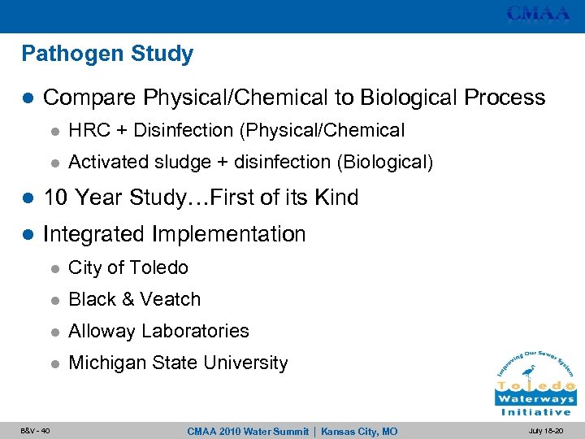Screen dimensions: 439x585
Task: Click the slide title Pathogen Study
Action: pos(107,54)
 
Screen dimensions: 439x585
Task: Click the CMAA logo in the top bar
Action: pos(539,14)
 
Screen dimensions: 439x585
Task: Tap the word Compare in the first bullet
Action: pos(89,98)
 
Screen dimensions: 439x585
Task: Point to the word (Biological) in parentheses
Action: pos(385,163)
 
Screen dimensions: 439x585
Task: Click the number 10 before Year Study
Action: pos(56,198)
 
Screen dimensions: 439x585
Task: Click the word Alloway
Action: pos(102,331)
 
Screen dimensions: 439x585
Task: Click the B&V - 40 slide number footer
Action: pos(33,431)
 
